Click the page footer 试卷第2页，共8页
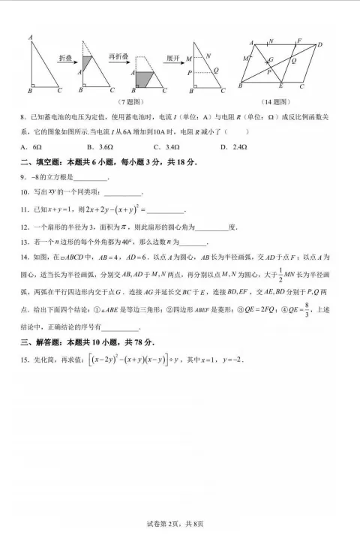pyautogui.click(x=180, y=524)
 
